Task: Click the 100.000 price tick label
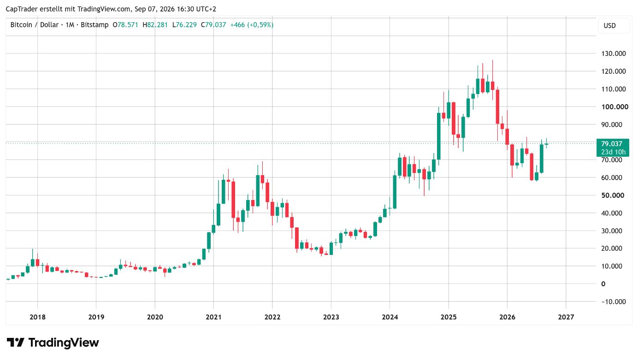pyautogui.click(x=614, y=107)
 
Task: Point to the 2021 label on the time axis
pyautogui.click(x=213, y=317)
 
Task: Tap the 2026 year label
pyautogui.click(x=507, y=317)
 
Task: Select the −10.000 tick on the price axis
pyautogui.click(x=613, y=301)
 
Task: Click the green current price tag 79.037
pyautogui.click(x=613, y=144)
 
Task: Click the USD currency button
pyautogui.click(x=609, y=26)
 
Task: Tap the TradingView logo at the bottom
pyautogui.click(x=53, y=342)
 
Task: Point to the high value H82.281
pyautogui.click(x=155, y=25)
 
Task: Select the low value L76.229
pyautogui.click(x=184, y=25)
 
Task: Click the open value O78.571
pyautogui.click(x=125, y=25)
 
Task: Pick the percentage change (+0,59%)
pyautogui.click(x=260, y=25)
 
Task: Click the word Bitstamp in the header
pyautogui.click(x=95, y=25)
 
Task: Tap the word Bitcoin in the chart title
pyautogui.click(x=21, y=25)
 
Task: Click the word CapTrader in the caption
pyautogui.click(x=22, y=9)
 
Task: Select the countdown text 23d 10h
pyautogui.click(x=613, y=152)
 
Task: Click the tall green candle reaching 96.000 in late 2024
pyautogui.click(x=439, y=136)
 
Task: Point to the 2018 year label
pyautogui.click(x=38, y=317)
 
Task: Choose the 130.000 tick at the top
pyautogui.click(x=614, y=53)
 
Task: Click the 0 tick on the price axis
pyautogui.click(x=603, y=283)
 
